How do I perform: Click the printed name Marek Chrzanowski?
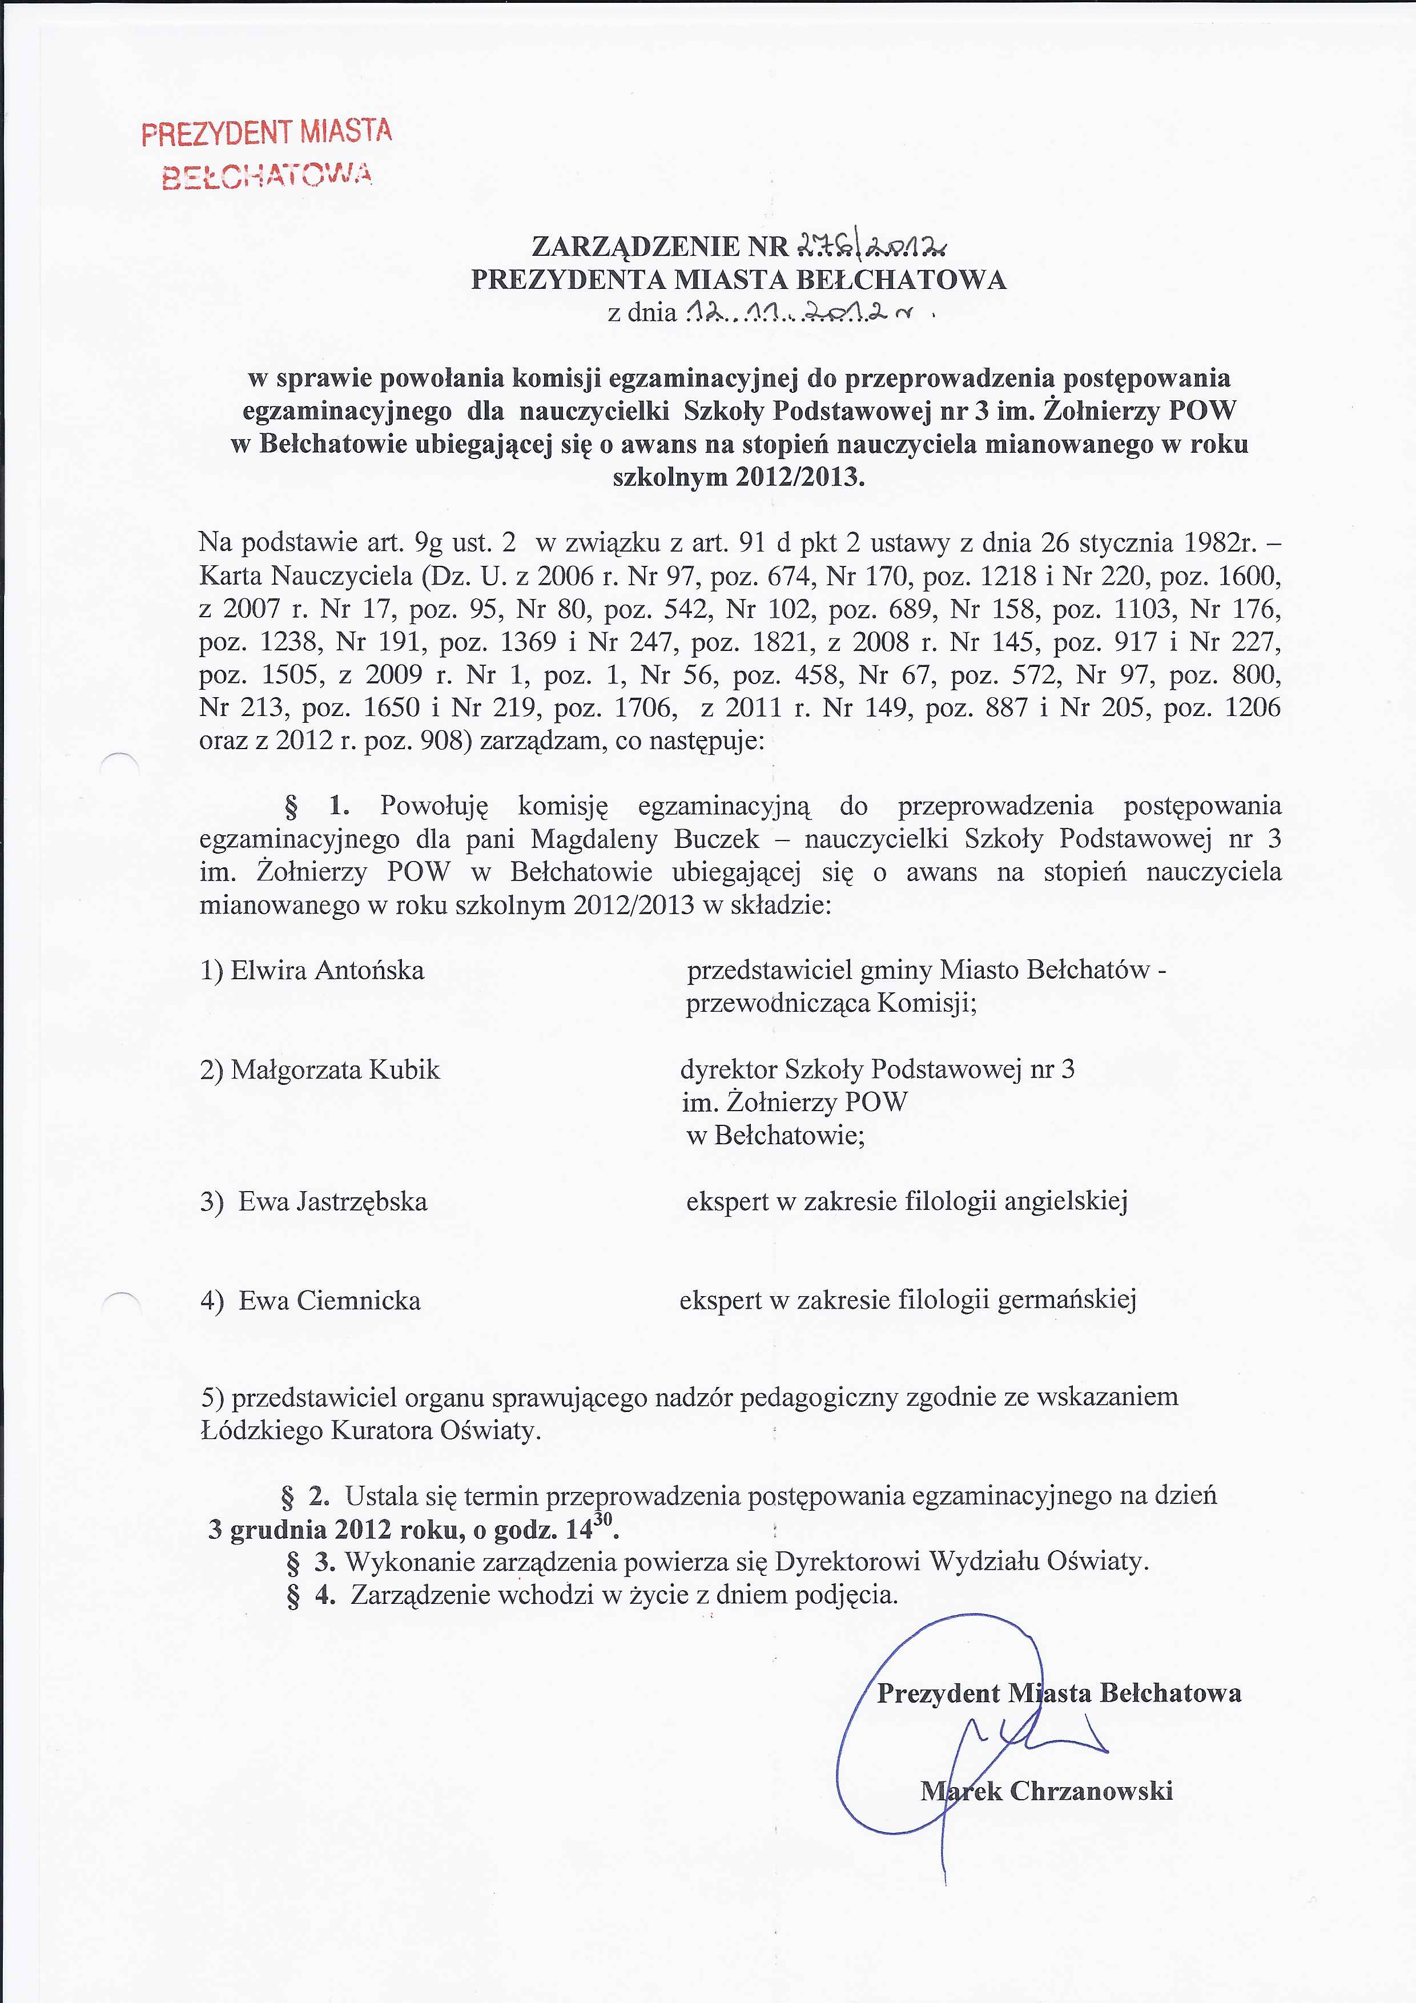[x=1046, y=1792]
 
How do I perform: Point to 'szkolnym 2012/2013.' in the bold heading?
[x=739, y=478]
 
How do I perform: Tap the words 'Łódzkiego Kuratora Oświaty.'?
[x=371, y=1431]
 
